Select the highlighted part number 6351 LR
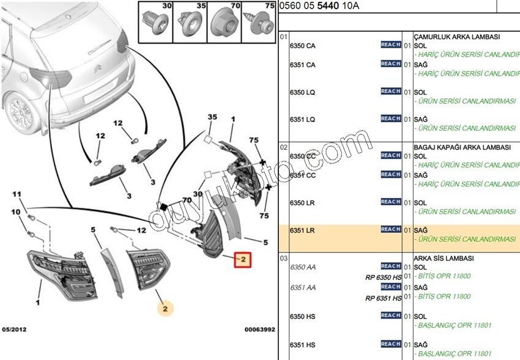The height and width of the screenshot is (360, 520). pyautogui.click(x=302, y=230)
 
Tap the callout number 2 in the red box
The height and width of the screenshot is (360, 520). pyautogui.click(x=243, y=260)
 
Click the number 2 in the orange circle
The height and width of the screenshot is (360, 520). pyautogui.click(x=165, y=309)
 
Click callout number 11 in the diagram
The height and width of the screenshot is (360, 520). pyautogui.click(x=17, y=194)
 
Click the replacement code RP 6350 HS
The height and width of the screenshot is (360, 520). pyautogui.click(x=384, y=276)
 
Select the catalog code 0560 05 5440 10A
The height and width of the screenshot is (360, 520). pyautogui.click(x=319, y=6)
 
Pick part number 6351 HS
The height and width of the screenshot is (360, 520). pyautogui.click(x=302, y=345)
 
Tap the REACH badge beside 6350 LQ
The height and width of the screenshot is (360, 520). pyautogui.click(x=390, y=91)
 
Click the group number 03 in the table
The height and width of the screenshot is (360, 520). pyautogui.click(x=283, y=259)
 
